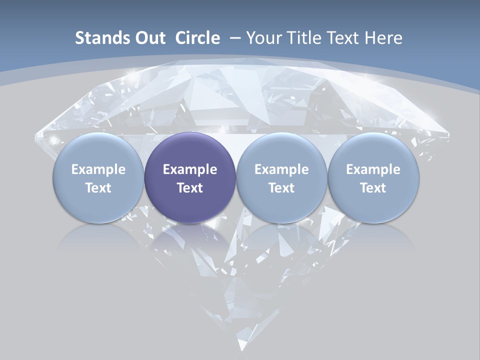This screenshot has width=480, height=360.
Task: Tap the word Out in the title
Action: [x=148, y=38]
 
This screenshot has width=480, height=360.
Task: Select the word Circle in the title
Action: [x=197, y=38]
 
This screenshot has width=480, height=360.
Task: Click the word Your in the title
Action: [x=263, y=38]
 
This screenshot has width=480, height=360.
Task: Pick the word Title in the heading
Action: [x=303, y=38]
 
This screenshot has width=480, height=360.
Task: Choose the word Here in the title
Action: [x=383, y=38]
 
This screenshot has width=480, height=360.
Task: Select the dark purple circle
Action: [x=190, y=178]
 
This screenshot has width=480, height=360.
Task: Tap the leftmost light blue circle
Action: [x=98, y=178]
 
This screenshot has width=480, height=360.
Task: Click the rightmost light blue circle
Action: [x=373, y=178]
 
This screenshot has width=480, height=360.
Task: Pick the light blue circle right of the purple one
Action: [x=281, y=178]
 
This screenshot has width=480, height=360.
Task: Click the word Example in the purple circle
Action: [x=190, y=169]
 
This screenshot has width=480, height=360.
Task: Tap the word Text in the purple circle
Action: [x=190, y=188]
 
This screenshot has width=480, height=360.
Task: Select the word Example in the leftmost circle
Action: [x=98, y=169]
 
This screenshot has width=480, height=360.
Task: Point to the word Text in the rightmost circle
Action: [x=373, y=188]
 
